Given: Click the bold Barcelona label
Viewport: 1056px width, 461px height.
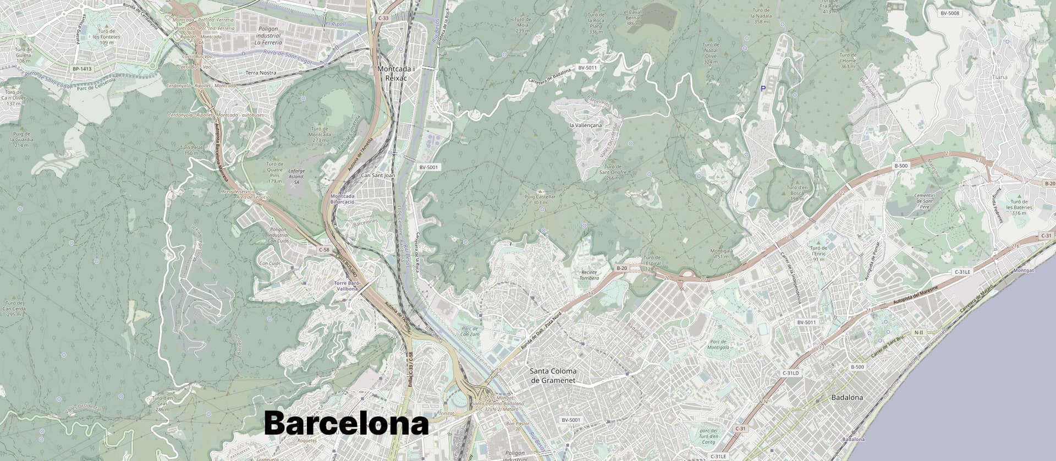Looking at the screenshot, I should [346, 424].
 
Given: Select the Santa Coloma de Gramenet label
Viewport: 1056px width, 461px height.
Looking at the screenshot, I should [553, 375].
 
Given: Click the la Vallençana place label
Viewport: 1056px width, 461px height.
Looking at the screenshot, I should [585, 125].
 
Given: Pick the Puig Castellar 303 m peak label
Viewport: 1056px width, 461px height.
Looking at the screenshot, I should [540, 199].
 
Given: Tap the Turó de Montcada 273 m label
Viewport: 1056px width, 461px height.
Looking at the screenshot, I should [320, 134].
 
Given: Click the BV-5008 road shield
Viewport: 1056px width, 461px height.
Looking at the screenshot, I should [950, 13].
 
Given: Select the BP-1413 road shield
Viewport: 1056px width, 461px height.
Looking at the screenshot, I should [82, 69].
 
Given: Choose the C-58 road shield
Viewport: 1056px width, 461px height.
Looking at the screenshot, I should [324, 250].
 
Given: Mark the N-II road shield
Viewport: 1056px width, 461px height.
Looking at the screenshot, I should [919, 332].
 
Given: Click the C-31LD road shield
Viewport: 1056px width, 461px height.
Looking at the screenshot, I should [790, 373].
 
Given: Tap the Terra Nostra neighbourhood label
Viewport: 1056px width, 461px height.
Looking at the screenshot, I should [261, 73].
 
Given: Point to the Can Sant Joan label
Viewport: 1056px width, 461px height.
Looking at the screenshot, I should [378, 175].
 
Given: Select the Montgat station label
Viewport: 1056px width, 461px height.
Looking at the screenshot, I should [1024, 271].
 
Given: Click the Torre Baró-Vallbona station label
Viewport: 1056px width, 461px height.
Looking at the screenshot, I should [347, 286].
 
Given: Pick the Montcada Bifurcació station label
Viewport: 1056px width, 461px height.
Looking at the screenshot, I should [342, 199].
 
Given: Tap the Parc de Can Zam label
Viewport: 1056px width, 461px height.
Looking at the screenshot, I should [470, 332].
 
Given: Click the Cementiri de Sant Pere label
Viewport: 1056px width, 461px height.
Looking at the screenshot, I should [925, 201].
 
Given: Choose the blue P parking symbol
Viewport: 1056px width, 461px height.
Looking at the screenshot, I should [763, 88].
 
